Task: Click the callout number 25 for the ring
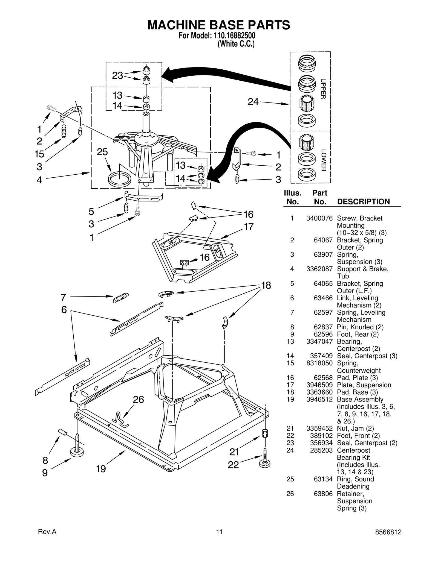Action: [x=102, y=152]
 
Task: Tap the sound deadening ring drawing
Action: [x=120, y=179]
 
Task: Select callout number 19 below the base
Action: [x=101, y=469]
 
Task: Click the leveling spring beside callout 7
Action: [x=121, y=298]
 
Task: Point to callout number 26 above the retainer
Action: [x=138, y=400]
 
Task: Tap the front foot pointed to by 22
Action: [x=265, y=462]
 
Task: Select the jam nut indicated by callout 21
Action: [x=265, y=433]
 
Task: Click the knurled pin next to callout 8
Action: [x=63, y=432]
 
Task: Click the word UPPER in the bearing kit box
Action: [x=323, y=89]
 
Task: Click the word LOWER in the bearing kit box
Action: [x=323, y=160]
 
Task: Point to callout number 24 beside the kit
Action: [x=253, y=102]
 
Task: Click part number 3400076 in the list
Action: [x=319, y=218]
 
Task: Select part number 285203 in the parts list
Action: [x=321, y=450]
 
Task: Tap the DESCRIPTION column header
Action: [x=363, y=202]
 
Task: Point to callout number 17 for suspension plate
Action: [x=249, y=227]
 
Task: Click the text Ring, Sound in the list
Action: [x=355, y=479]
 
